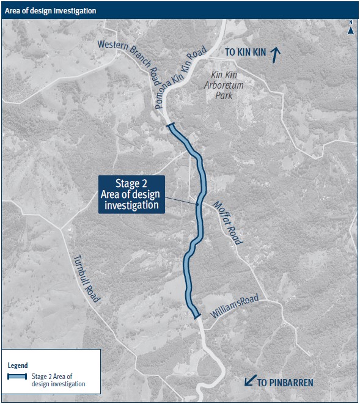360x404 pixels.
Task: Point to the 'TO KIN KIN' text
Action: point(245,53)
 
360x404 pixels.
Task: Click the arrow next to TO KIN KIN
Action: point(275,54)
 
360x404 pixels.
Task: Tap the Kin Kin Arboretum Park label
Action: point(224,86)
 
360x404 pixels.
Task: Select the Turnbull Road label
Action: point(86,278)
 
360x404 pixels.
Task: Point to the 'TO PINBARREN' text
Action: point(285,383)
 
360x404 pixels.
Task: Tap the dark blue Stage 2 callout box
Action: point(131,194)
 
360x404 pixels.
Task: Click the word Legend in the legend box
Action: point(18,365)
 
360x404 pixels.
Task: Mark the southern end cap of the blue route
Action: point(196,315)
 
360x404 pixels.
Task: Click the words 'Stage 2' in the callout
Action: point(131,183)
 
